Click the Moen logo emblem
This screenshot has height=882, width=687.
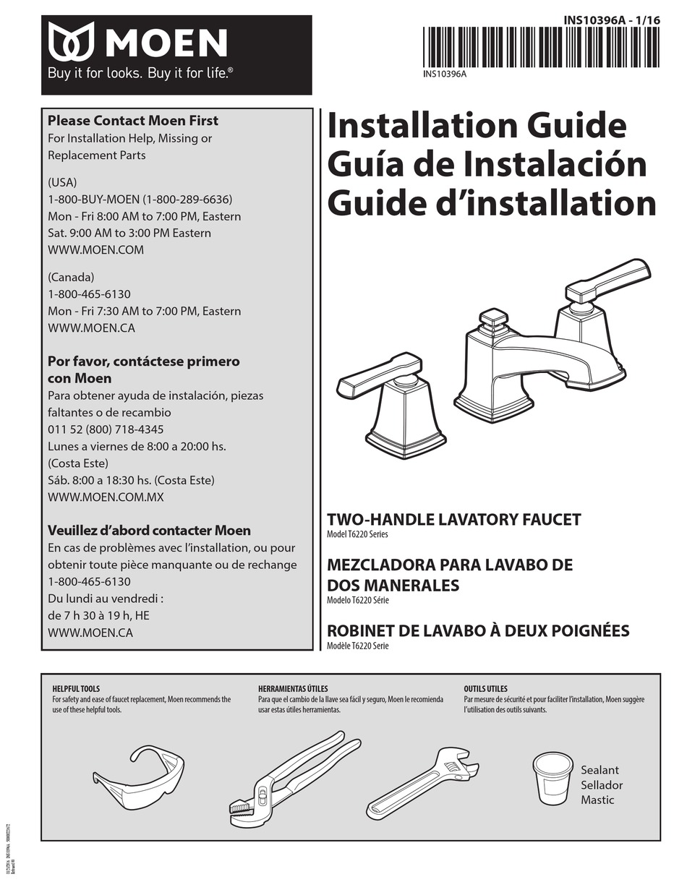pos(72,41)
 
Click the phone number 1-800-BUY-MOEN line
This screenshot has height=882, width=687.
pos(140,199)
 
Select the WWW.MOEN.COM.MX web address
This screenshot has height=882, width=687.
pos(106,497)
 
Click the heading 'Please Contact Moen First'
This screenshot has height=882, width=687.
pos(132,121)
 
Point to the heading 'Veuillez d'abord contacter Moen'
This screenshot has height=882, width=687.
pos(149,530)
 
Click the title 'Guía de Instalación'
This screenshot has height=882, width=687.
pos(487,164)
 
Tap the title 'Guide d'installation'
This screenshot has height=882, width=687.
pos(492,203)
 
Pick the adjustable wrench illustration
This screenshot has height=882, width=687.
pos(422,783)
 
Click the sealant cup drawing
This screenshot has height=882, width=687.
pos(552,778)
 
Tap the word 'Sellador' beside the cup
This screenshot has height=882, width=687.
pos(601,785)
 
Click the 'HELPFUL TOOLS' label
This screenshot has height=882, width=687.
pos(76,689)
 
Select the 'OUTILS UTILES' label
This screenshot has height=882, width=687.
pos(485,689)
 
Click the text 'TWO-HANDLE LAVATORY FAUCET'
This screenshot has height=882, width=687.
pos(453,520)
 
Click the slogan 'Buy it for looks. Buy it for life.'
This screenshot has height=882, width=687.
pos(140,73)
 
